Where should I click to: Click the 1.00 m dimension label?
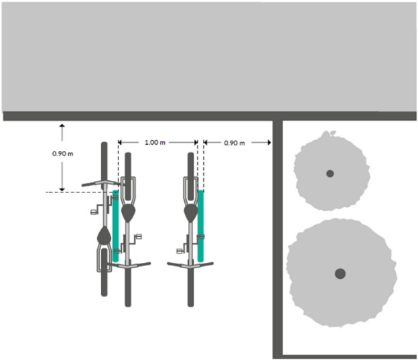click(x=155, y=143)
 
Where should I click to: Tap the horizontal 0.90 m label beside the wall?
click(x=234, y=143)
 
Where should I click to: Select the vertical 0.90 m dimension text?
click(x=63, y=154)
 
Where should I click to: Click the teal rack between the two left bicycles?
click(x=115, y=226)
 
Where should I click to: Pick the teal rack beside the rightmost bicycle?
click(x=200, y=226)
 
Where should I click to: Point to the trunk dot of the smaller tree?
click(x=330, y=174)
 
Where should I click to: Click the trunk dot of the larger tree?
click(x=340, y=274)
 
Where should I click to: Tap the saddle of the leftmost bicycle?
click(x=104, y=235)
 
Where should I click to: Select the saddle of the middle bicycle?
click(x=128, y=213)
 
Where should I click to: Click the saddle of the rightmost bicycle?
click(x=191, y=213)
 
